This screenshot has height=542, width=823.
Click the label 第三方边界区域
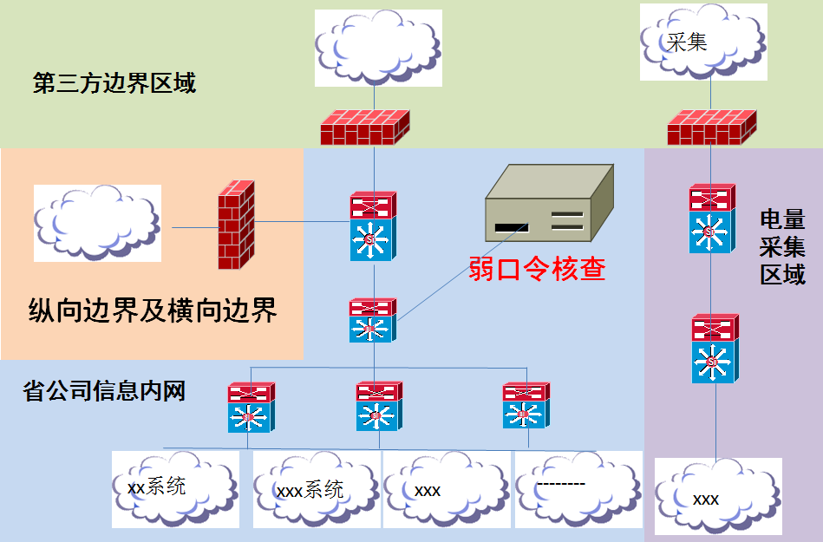[114, 83]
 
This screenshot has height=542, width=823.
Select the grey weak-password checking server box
[549, 206]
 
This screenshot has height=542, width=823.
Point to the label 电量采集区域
[782, 247]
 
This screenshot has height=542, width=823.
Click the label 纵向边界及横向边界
[153, 310]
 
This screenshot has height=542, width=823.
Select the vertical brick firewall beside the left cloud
[236, 224]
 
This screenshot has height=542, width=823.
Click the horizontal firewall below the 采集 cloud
[710, 127]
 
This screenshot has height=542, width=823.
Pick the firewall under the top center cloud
[364, 127]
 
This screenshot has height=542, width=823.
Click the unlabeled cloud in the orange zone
[97, 223]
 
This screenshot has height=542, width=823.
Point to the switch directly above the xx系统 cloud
[251, 408]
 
